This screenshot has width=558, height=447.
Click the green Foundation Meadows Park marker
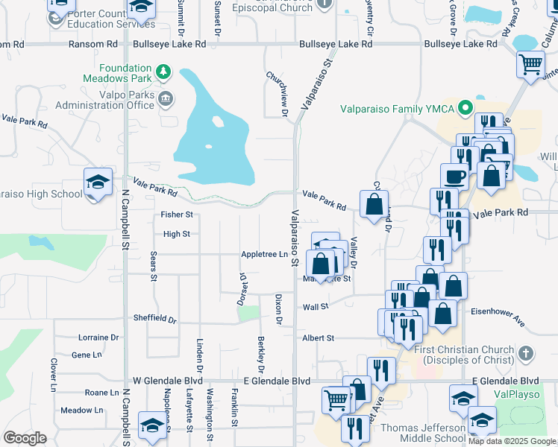point(164,73)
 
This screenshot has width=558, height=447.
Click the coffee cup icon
point(454,177)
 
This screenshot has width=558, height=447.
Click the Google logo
point(25,437)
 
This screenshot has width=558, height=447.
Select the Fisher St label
point(177,215)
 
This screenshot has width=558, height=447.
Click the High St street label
point(177,234)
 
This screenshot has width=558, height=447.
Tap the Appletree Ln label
point(264,255)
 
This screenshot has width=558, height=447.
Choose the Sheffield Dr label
point(154,318)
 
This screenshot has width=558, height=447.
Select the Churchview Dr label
point(284,94)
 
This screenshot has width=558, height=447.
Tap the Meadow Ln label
point(82,410)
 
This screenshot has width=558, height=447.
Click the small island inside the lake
point(217,121)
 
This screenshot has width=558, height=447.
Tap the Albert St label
point(318,338)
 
